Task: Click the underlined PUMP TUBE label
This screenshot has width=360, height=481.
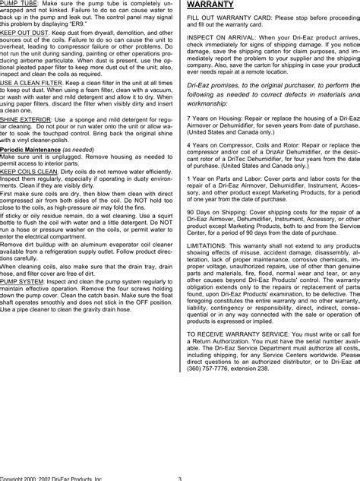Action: (17, 5)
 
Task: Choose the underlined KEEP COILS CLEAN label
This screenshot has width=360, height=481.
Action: (27, 194)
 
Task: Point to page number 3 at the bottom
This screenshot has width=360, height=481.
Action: (179, 478)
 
